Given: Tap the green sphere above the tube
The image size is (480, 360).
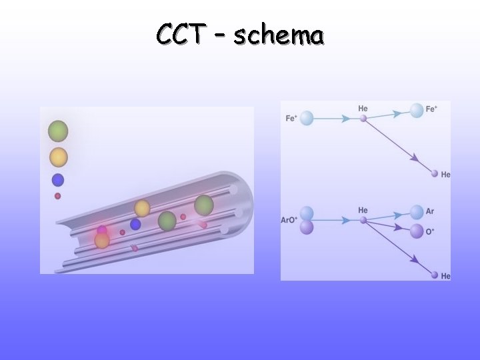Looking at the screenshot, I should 58,130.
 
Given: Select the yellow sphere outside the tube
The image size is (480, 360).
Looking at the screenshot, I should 58,157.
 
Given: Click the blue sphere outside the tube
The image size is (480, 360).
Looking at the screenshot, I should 58,179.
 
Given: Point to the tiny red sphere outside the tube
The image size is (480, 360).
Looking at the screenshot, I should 58,196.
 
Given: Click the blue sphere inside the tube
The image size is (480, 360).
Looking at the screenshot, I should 135,224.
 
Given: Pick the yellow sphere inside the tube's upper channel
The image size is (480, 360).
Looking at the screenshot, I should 142,208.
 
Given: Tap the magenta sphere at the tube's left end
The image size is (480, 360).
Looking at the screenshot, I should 102,231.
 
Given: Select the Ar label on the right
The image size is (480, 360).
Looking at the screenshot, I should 430,211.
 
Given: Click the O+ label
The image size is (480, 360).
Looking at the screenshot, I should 430,231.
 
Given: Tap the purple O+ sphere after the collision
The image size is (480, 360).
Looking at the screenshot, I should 417,231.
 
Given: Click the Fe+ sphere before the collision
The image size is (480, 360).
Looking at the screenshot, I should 307,119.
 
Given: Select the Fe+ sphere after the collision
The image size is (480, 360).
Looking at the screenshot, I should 417,111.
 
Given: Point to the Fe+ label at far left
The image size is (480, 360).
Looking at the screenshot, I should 291,119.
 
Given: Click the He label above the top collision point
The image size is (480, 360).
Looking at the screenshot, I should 363,108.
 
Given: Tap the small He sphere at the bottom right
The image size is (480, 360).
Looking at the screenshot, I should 435,275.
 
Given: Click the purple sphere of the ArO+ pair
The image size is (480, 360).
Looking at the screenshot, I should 307,228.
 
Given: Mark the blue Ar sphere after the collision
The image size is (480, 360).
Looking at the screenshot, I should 417,212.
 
